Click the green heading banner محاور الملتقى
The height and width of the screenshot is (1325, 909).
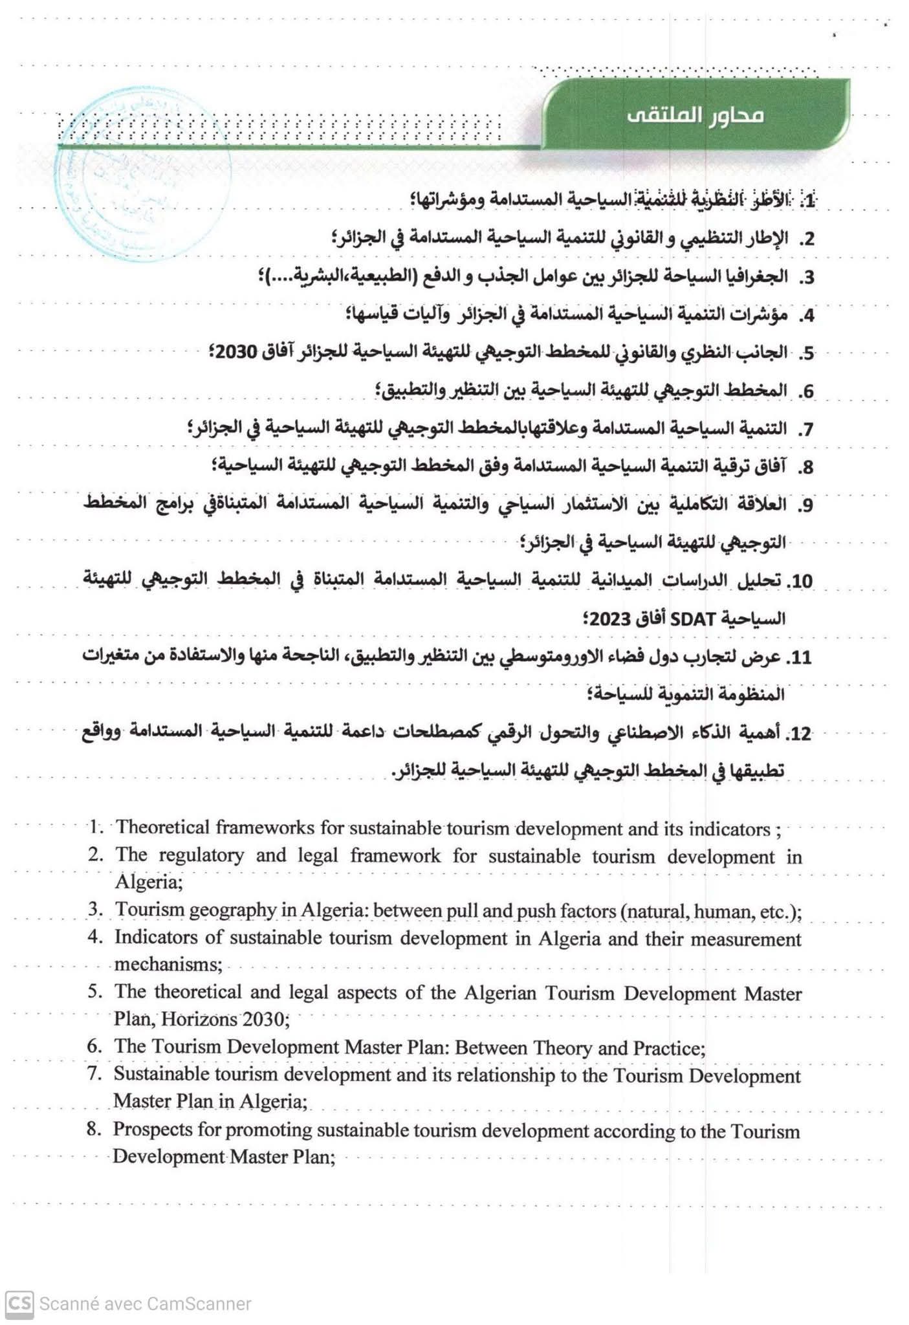(x=695, y=115)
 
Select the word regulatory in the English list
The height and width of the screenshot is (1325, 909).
(x=201, y=855)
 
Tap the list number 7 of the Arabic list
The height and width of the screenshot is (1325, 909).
(x=804, y=430)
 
